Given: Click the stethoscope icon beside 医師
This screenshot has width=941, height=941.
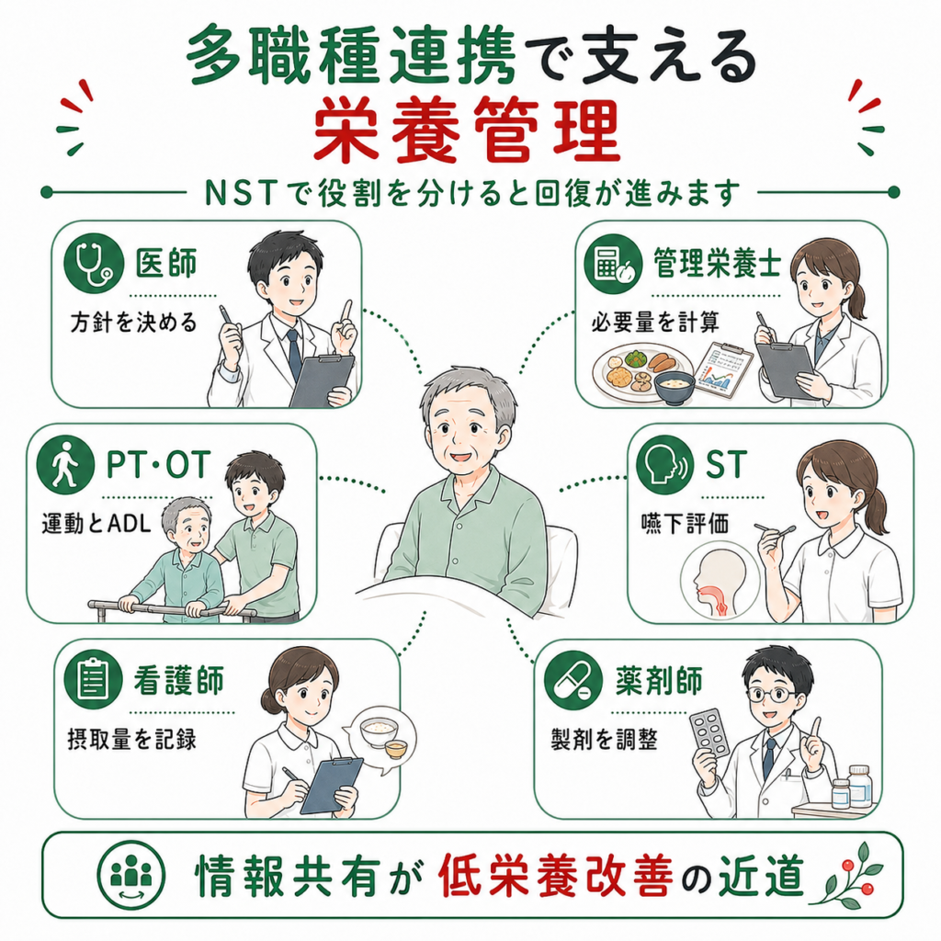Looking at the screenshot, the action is tap(94, 263).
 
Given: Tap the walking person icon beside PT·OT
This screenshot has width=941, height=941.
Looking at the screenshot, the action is tap(65, 464).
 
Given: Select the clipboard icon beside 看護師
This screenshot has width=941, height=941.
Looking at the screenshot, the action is tap(94, 680).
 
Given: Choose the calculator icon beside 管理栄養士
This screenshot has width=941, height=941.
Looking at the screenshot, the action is tap(613, 264).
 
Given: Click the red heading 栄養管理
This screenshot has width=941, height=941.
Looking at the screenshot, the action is tap(467, 130).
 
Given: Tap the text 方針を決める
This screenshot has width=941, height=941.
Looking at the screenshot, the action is tap(133, 323).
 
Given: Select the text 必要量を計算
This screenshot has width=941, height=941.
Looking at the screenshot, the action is tap(655, 323).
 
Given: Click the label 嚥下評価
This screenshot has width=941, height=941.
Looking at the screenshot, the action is tap(685, 524).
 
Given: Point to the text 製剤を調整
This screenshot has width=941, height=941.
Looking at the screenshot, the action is tap(605, 739).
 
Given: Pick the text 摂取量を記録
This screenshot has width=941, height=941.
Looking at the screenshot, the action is tap(132, 739).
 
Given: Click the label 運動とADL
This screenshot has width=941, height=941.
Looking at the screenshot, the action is tap(96, 524).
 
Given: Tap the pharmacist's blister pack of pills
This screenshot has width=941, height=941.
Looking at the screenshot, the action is tap(709, 735).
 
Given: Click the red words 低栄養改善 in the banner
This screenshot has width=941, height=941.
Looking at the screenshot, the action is tap(556, 875).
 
